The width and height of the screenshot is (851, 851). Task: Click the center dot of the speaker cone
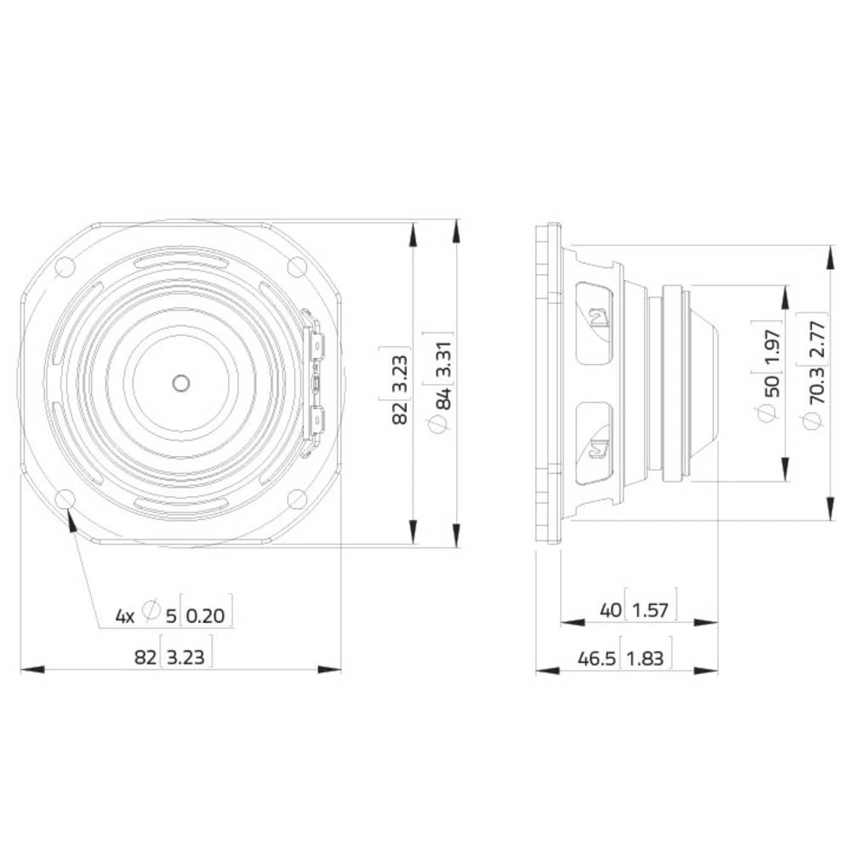[x=180, y=382]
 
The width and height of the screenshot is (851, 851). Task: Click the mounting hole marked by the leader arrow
[x=66, y=499]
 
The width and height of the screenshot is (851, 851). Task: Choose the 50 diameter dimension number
[x=771, y=385]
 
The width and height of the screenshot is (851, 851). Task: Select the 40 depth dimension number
[x=610, y=609]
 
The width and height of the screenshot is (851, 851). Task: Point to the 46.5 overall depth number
[x=597, y=658]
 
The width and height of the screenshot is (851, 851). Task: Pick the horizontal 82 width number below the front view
[x=146, y=657]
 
